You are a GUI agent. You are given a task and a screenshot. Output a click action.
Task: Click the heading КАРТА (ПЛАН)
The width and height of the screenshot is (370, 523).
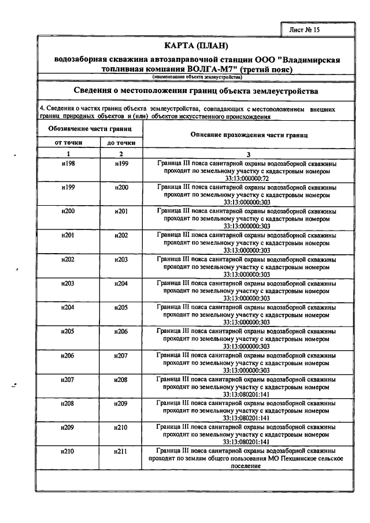click(x=198, y=46)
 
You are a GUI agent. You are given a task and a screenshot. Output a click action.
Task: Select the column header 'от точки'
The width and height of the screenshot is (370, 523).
click(x=68, y=142)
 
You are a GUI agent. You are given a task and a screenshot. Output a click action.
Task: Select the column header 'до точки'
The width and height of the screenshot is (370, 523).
click(x=121, y=142)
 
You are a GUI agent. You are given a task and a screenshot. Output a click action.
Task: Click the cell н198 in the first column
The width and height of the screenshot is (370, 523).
click(x=68, y=164)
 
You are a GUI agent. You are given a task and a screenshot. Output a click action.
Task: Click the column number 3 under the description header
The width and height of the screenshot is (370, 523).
click(x=249, y=154)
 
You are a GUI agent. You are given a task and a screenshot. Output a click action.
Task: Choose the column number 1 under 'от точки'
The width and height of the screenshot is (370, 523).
click(x=68, y=154)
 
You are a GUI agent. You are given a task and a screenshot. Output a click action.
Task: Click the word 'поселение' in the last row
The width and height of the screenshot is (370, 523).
click(x=249, y=465)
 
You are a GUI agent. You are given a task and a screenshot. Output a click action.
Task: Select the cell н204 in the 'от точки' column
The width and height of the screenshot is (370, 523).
click(x=68, y=307)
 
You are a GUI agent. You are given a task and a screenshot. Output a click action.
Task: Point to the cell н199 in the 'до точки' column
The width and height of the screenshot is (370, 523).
click(x=121, y=164)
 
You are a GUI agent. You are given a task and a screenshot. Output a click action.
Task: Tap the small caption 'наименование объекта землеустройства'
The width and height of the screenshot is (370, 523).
click(x=197, y=77)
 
